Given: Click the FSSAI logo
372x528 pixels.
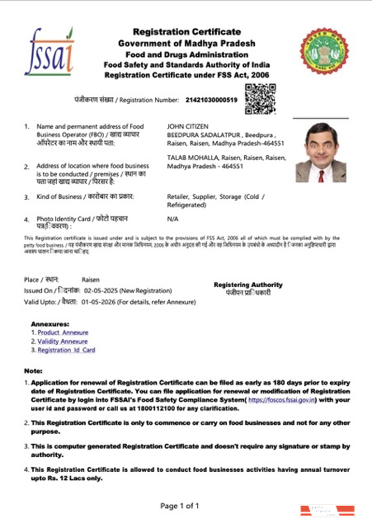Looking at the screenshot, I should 50,51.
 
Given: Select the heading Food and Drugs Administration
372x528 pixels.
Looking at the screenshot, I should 186,53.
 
